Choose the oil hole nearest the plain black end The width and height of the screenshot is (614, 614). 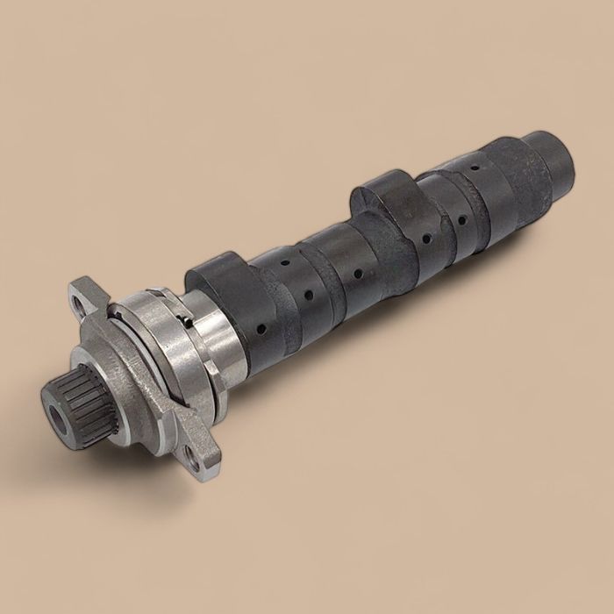[473, 166]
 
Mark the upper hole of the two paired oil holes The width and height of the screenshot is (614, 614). [283, 264]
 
